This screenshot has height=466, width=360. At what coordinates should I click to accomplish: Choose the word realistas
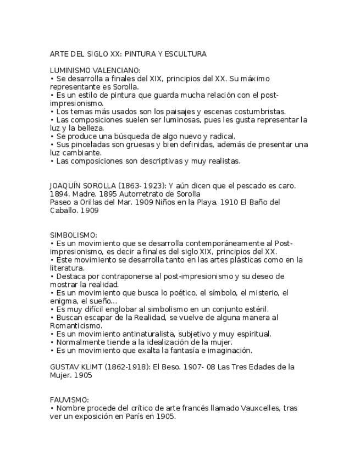[x=222, y=161]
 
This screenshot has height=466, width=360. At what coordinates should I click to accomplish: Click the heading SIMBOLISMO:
[x=73, y=235]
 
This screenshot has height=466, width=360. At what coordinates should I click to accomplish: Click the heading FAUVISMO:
[x=69, y=400]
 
